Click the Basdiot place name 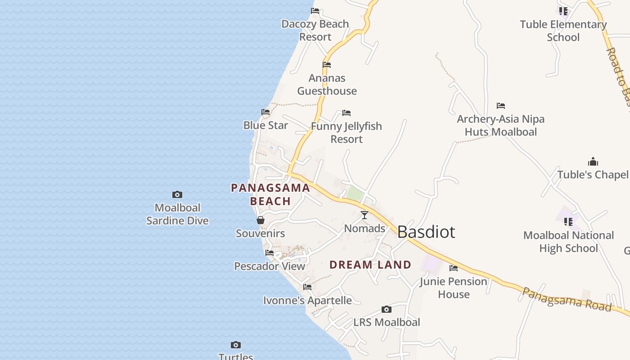(426, 232)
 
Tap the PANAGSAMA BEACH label (270, 194)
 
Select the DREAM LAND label (370, 265)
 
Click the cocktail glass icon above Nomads (364, 215)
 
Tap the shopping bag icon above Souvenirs (261, 220)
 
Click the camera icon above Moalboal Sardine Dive (177, 195)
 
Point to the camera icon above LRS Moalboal (386, 309)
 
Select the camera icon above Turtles (235, 345)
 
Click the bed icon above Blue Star (265, 112)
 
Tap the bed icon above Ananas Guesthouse (327, 65)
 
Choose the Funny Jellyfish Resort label (346, 132)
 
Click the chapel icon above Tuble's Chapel (593, 162)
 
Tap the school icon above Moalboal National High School (568, 222)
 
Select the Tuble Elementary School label (563, 31)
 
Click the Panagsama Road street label (567, 300)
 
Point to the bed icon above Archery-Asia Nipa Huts (501, 106)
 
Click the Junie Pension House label (453, 288)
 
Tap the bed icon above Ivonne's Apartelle (307, 287)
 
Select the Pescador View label (270, 266)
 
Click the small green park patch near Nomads (355, 194)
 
